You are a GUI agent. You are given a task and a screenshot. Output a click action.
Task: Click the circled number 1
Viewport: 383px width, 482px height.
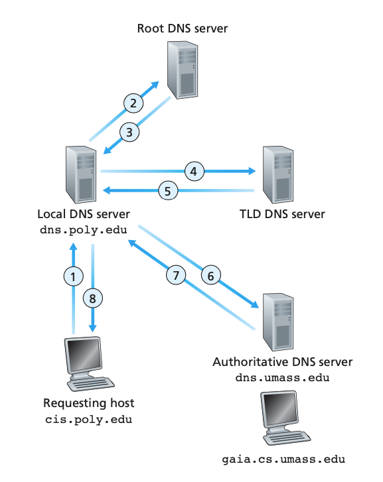tap(73, 276)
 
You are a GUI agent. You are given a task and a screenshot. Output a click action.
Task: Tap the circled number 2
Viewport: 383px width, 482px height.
tap(133, 103)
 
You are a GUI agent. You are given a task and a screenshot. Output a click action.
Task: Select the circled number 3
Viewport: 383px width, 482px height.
tap(129, 132)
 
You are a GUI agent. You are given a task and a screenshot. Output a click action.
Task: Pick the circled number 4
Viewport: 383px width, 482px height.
tap(194, 171)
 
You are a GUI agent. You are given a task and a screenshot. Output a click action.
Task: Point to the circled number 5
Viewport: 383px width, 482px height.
tap(168, 191)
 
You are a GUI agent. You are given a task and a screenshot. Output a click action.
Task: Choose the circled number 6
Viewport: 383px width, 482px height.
tap(211, 275)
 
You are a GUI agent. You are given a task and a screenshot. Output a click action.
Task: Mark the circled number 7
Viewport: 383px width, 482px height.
tap(176, 275)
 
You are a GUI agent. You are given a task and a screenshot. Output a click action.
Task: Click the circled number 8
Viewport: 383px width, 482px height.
tap(93, 298)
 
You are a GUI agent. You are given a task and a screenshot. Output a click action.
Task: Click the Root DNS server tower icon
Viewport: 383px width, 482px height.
tap(183, 70)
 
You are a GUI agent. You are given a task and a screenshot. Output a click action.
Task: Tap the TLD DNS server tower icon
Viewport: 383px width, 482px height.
tap(278, 174)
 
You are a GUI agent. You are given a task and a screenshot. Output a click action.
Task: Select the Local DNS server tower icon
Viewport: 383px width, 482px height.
tap(81, 174)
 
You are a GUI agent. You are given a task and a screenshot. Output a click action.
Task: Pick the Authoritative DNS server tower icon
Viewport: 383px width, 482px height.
tap(278, 322)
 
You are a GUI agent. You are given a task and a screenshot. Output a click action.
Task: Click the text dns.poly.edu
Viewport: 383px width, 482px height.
tap(84, 230)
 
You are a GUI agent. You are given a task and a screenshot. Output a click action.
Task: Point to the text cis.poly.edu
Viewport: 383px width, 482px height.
tap(89, 419)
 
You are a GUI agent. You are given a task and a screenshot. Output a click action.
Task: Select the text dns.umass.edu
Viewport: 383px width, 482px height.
tap(282, 377)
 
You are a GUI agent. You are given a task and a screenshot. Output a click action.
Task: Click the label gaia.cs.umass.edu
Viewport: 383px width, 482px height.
tap(283, 459)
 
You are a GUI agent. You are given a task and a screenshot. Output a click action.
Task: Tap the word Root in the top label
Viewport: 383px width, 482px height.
tap(150, 29)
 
